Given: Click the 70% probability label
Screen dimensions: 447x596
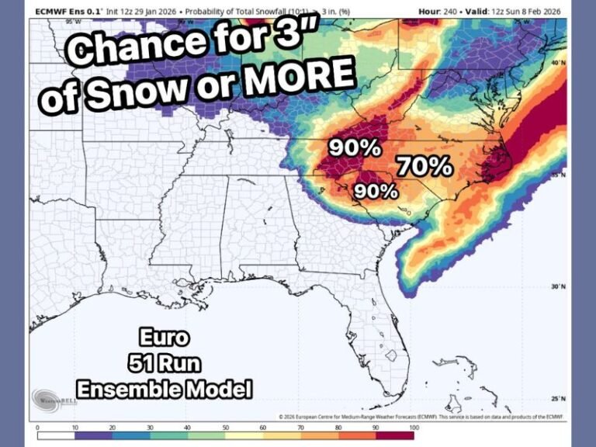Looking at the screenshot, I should click(x=424, y=165).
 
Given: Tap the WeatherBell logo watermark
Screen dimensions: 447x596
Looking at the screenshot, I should click(x=54, y=399).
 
